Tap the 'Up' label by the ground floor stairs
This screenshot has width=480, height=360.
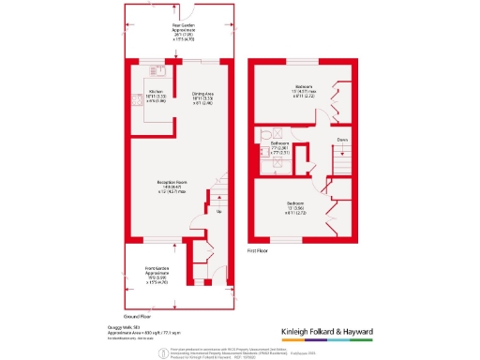(x=218, y=211)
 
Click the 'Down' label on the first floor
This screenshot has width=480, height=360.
(x=343, y=142)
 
